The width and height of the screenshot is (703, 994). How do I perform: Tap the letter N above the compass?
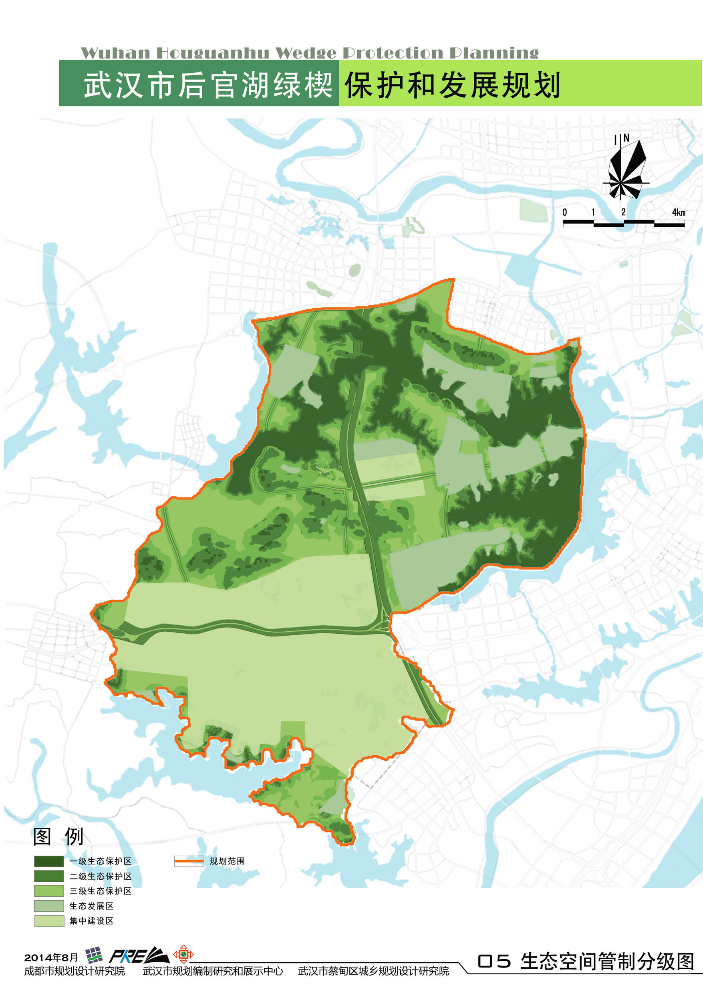[626, 138]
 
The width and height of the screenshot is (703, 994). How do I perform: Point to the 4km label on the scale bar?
[678, 212]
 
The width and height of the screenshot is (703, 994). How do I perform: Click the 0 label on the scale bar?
[564, 212]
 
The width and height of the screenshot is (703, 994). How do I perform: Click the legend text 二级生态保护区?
[101, 876]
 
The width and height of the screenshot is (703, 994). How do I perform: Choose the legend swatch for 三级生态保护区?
[49, 891]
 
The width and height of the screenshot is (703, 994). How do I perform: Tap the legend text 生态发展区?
[91, 906]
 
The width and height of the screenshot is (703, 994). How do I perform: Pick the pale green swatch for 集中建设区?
[49, 921]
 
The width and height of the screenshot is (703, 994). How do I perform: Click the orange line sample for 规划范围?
[189, 861]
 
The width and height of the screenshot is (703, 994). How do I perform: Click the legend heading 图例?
[58, 837]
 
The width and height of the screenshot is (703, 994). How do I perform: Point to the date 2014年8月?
[51, 957]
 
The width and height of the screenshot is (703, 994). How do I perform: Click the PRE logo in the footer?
[138, 956]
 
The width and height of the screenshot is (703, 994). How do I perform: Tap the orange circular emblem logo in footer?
[183, 954]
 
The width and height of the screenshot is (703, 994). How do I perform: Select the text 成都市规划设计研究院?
[75, 971]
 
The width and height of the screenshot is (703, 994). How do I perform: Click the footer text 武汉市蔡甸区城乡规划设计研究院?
[373, 971]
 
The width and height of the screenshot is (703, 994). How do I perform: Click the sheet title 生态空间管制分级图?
[607, 962]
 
